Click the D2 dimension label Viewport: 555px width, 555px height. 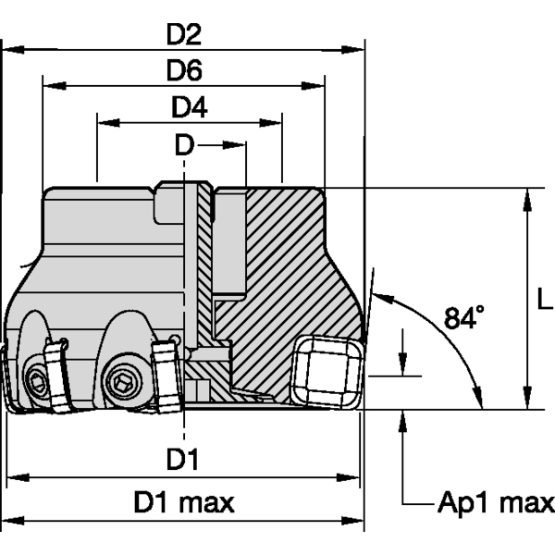184,34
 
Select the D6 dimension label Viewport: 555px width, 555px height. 184,71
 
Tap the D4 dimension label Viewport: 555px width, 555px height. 189,108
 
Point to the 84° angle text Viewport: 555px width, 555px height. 463,318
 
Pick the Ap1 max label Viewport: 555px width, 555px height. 495,503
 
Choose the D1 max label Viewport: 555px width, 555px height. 184,503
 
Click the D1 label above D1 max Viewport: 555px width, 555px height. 183,459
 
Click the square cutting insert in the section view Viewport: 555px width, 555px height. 325,371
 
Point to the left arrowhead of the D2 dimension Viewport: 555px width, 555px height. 13,49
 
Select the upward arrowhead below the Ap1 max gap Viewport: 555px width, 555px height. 403,418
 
